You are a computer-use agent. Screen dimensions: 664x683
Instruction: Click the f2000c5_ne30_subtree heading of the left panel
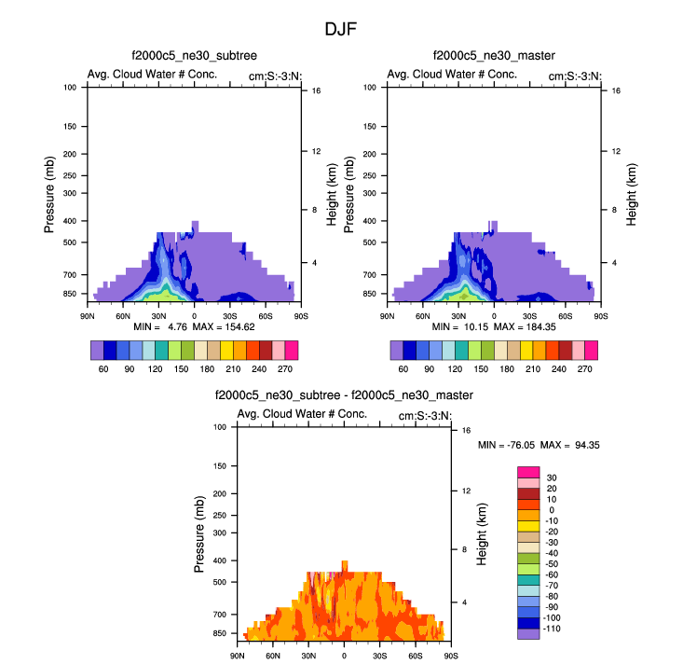[195, 58]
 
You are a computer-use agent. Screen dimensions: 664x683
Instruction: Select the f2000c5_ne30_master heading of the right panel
[494, 58]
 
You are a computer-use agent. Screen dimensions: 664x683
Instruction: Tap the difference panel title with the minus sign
[344, 395]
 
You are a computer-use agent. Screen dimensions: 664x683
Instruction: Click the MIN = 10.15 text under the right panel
[458, 328]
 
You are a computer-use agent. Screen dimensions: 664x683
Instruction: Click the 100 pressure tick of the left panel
[69, 88]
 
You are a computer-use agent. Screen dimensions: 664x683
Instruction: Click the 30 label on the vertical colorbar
[552, 477]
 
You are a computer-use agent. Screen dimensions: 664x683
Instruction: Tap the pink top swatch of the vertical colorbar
[528, 472]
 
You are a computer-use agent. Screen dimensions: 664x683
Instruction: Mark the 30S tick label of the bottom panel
[379, 656]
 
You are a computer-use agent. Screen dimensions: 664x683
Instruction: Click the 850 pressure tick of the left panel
[69, 294]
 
